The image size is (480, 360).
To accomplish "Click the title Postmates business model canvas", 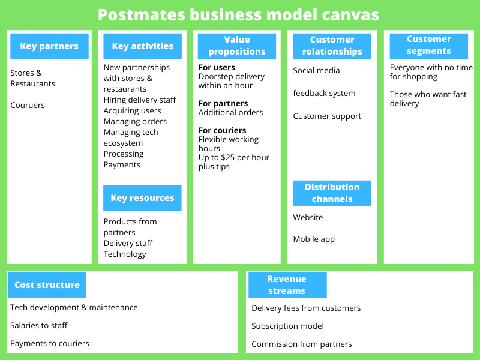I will tap(238, 14).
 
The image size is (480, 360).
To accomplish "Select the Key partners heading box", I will tap(49, 46).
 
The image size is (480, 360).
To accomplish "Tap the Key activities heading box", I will tap(142, 46).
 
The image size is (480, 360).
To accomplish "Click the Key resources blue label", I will tap(142, 198).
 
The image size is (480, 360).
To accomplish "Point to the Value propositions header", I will tap(237, 46).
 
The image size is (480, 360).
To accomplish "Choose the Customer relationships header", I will tap(332, 46).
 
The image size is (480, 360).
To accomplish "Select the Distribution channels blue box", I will tap(332, 193).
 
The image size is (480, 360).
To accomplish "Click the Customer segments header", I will tap(428, 45).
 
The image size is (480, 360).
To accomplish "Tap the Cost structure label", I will tap(47, 285).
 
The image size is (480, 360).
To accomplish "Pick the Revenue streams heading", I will tap(287, 285).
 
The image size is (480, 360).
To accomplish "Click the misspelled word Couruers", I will tap(28, 106).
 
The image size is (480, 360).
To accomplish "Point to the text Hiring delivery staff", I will tap(140, 100).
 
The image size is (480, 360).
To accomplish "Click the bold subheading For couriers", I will tap(223, 130).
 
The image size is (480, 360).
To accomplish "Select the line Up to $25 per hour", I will tap(234, 158).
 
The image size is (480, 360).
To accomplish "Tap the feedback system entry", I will tap(324, 94).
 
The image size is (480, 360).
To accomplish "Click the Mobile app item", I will tap(314, 239).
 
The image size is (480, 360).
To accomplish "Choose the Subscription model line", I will tap(287, 326).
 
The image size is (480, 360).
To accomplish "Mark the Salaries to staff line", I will tap(39, 325).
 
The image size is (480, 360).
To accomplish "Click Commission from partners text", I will tap(302, 344).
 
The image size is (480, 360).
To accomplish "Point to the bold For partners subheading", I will tap(223, 103).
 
